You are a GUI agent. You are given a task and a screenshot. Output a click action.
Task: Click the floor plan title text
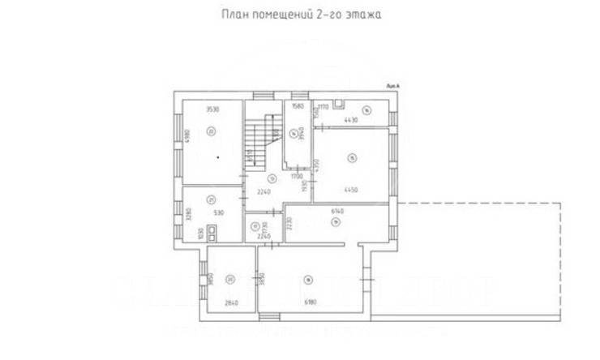[300, 15]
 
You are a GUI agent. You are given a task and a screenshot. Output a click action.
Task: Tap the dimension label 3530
[213, 109]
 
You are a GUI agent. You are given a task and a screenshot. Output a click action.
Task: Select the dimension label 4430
[350, 120]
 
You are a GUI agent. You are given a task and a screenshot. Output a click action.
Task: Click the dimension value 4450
[350, 190]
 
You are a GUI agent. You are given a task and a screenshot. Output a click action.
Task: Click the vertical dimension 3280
[187, 215]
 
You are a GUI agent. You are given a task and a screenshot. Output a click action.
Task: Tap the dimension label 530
[218, 212]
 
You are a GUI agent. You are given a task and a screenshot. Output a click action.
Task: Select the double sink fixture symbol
[212, 233]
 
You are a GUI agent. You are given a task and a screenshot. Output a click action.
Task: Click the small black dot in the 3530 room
[217, 156]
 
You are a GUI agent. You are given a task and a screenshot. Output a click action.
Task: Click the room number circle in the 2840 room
[230, 280]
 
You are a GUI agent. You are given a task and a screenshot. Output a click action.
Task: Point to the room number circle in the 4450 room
[351, 157]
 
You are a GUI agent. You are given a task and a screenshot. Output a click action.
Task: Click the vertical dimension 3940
[299, 133]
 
